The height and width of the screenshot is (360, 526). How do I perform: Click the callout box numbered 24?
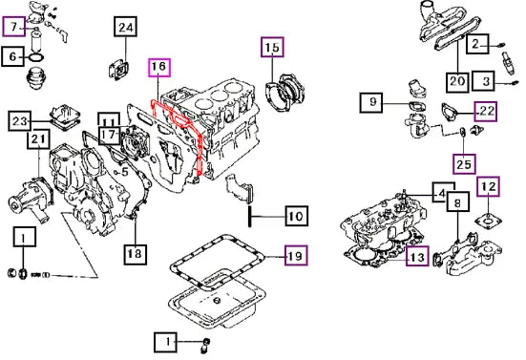pos(126,26)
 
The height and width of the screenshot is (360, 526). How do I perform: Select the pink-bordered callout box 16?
pos(159,67)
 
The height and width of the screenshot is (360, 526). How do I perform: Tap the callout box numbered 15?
pos(272,47)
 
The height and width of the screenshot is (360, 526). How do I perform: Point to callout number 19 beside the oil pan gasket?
pos(296,255)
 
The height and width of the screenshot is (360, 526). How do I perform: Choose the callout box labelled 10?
pos(297,216)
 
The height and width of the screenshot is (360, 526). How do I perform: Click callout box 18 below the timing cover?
pos(136,254)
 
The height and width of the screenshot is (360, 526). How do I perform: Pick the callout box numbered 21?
pos(38,139)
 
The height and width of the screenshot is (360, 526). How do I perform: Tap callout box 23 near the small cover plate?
pos(19,120)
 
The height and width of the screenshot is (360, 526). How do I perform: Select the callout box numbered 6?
pos(12,56)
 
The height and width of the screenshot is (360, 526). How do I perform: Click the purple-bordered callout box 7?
pos(13,26)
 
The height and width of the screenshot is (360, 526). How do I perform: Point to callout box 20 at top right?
pos(457,81)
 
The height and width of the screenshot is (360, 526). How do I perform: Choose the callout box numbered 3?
pos(483,81)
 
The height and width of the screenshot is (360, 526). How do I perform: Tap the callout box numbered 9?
pos(372,101)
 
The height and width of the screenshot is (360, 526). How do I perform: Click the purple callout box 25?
pos(464,164)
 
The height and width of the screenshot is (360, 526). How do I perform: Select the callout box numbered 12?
pos(489,186)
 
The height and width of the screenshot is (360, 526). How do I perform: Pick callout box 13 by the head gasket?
pos(417,256)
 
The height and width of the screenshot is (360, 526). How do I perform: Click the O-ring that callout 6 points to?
pos(36,57)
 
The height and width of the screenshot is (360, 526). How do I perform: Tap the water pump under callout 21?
pos(31,199)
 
